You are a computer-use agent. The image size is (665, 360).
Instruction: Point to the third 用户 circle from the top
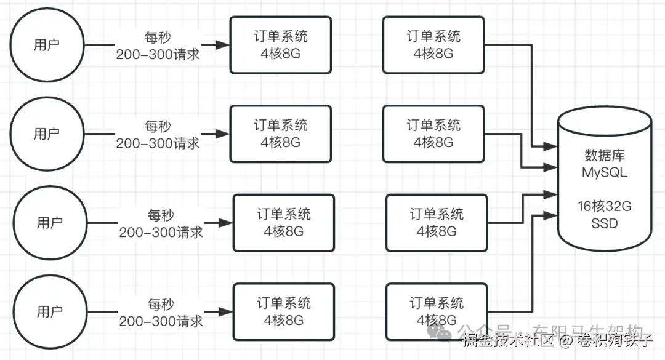tap(49, 222)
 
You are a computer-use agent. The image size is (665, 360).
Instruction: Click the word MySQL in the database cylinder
tap(605, 172)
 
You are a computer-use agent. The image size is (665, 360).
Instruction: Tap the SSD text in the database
tap(605, 223)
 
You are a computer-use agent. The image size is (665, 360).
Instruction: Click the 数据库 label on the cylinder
tap(605, 155)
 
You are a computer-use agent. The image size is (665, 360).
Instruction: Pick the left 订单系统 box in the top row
tap(280, 45)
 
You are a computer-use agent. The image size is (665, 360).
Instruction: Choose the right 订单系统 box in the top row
tap(433, 45)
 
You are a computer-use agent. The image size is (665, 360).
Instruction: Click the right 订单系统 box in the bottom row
tap(437, 311)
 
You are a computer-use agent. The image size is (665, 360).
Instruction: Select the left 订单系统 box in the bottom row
tap(284, 311)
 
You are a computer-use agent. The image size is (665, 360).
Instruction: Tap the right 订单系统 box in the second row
tap(433, 134)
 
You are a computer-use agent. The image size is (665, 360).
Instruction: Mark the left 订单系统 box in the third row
tap(284, 222)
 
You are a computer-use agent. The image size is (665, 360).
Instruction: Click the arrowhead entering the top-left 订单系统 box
tap(223, 45)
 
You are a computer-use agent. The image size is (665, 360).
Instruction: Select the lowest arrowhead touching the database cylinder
tap(552, 215)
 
